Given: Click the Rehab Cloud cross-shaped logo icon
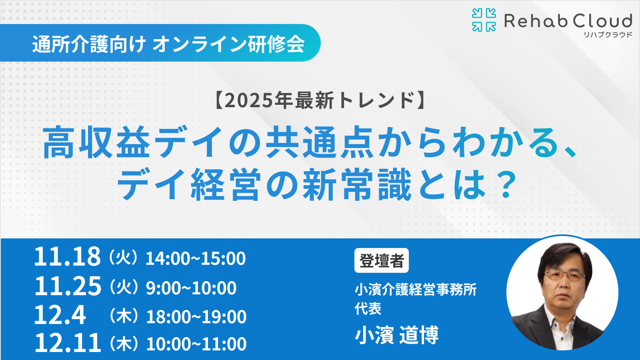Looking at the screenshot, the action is click(x=484, y=20).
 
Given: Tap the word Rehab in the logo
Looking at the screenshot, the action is click(x=534, y=21).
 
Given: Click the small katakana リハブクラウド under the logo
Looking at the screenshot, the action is click(x=608, y=35).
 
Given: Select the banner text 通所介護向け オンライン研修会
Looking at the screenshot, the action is click(x=168, y=44).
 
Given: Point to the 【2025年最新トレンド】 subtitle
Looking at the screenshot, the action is click(x=320, y=100).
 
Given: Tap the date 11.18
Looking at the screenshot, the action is click(x=68, y=257).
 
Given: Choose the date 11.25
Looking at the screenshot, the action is click(x=68, y=286).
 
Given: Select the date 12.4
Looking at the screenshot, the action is click(x=60, y=315).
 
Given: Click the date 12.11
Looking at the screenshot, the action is click(x=68, y=342).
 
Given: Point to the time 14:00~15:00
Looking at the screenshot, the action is click(x=196, y=258).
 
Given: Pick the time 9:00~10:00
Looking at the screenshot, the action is click(x=191, y=288).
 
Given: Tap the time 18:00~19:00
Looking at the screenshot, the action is click(x=196, y=317).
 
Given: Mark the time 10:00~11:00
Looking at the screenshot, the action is click(x=196, y=344).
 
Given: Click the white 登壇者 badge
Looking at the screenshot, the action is click(x=382, y=260).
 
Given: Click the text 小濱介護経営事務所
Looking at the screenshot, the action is click(x=416, y=290).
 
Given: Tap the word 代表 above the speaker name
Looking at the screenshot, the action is click(x=368, y=308).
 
